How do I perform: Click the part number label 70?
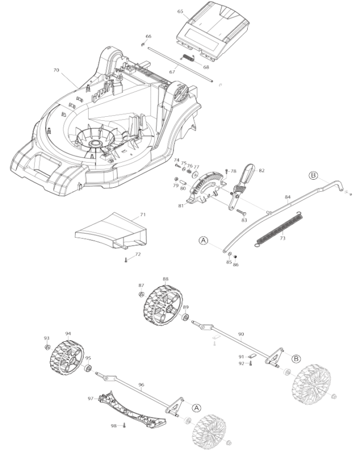coord(56,70)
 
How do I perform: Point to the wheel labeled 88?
coord(163,306)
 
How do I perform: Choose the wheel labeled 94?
coord(65,360)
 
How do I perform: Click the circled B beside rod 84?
coord(313,175)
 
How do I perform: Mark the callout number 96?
coord(141,385)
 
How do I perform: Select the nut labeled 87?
coord(141,294)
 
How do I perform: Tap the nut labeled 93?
coord(47,348)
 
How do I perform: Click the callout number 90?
coord(241,333)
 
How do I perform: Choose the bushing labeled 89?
coord(185,317)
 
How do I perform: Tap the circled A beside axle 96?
coord(196,408)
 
